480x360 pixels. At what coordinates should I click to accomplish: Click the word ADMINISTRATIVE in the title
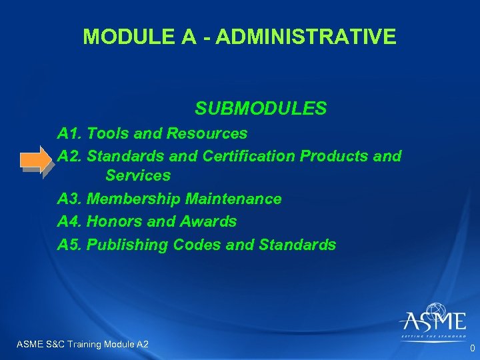point(306,37)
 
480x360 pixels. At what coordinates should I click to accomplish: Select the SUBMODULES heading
point(261,108)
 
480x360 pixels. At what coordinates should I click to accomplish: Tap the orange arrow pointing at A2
point(35,160)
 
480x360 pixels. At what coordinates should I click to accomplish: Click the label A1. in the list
point(70,133)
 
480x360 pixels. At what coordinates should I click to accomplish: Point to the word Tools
point(108,133)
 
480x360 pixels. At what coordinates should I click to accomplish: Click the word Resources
point(207,133)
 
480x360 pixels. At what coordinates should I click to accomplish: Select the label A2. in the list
point(71,156)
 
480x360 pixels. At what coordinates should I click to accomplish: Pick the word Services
point(138,176)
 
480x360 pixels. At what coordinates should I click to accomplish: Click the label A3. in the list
point(71,199)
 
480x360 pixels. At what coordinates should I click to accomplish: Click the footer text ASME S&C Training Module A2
point(81,344)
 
